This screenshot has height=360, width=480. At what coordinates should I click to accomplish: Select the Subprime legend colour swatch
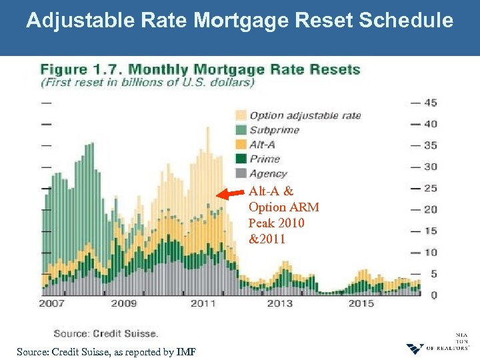[x=240, y=130]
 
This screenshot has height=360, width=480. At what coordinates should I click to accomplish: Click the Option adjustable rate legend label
[x=305, y=115]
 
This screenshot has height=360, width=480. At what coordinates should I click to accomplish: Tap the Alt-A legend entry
[x=262, y=144]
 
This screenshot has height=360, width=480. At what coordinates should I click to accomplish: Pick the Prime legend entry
[x=265, y=159]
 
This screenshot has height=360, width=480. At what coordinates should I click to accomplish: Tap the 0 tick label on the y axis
[x=433, y=295]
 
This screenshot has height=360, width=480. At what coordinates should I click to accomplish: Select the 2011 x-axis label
[x=202, y=303]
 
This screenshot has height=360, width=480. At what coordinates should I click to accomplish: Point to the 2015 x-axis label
[x=361, y=303]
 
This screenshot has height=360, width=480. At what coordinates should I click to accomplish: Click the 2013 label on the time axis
[x=279, y=303]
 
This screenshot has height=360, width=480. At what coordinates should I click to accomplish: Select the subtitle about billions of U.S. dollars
[x=148, y=83]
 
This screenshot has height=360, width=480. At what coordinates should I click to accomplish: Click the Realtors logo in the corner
[x=415, y=349]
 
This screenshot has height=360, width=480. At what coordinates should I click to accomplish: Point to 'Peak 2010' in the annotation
[x=276, y=223]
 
